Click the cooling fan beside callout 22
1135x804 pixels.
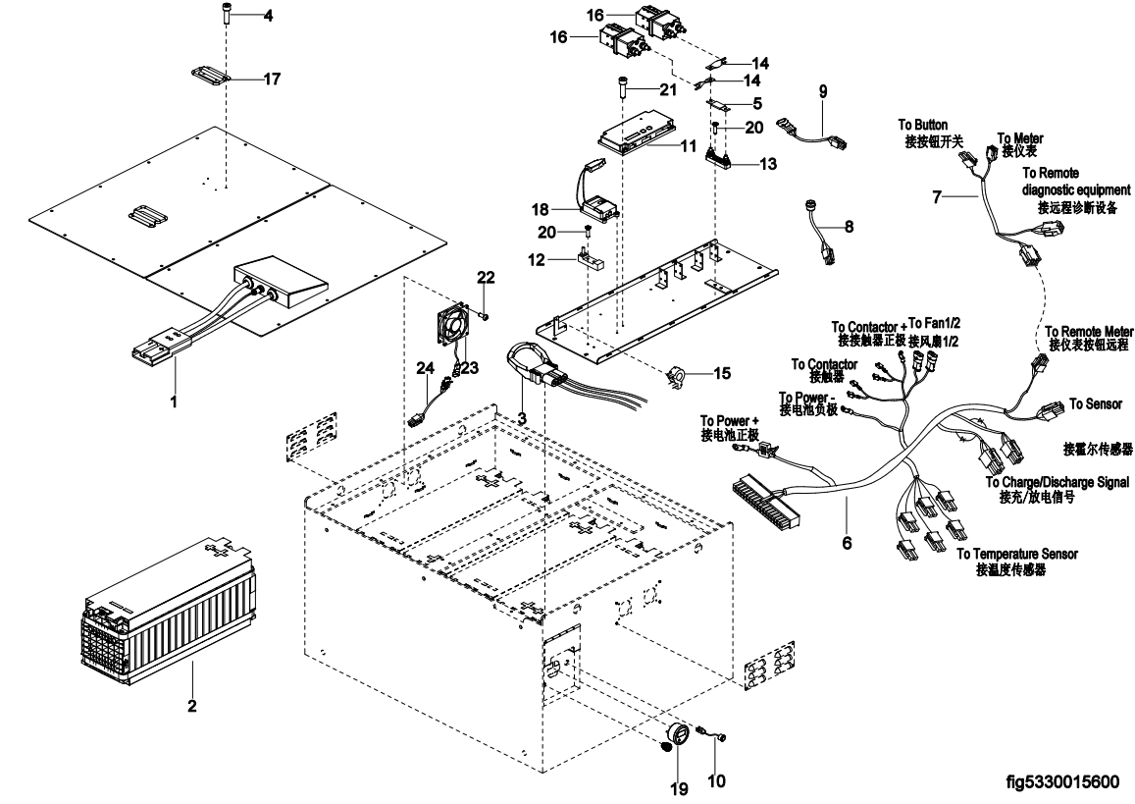(451, 325)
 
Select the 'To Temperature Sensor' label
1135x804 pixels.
(1016, 555)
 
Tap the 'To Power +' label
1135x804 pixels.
(730, 421)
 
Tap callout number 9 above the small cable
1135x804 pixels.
(823, 91)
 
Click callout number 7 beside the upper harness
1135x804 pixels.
(938, 197)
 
